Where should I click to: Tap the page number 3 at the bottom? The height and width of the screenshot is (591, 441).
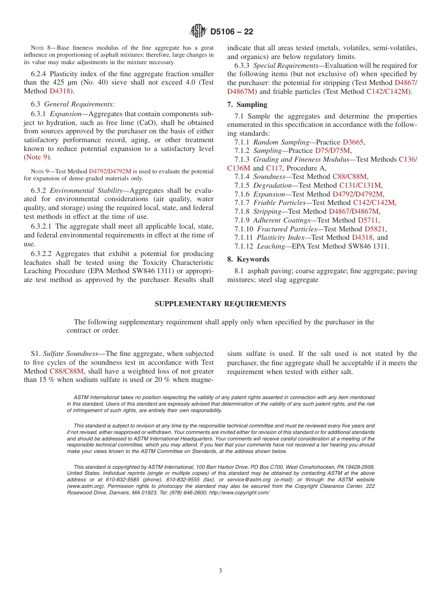pos(220,571)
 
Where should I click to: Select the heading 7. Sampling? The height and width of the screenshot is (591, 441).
pos(247,105)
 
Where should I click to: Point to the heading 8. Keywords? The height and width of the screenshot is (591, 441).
pos(248,259)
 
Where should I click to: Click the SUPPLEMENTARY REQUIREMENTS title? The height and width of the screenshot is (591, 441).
pos(220,304)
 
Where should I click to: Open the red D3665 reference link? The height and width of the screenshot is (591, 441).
pos(353,142)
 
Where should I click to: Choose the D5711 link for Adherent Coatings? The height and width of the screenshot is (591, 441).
pos(368,220)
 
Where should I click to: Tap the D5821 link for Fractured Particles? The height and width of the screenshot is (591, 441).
pos(375,229)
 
